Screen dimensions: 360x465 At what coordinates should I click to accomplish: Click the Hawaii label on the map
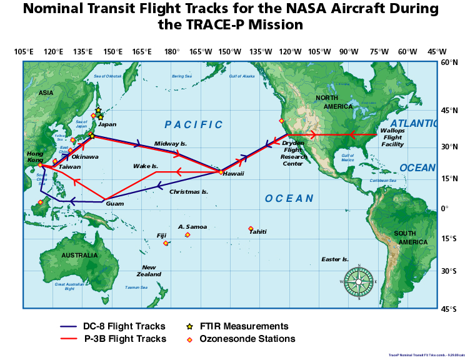tap(233, 174)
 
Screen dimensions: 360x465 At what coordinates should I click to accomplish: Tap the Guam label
tap(115, 204)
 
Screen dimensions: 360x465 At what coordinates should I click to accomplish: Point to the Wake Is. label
tap(146, 166)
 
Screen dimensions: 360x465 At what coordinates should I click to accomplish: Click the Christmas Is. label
tap(189, 192)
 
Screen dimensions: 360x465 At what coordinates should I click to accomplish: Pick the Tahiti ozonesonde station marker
tap(251, 229)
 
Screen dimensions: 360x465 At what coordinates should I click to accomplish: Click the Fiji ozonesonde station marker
tap(166, 243)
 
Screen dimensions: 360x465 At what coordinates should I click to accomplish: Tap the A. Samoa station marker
tap(187, 235)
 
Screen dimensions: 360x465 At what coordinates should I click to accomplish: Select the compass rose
tap(359, 281)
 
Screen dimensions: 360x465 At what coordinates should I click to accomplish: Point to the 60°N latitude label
tap(450, 62)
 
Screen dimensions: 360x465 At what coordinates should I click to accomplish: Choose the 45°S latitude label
tap(450, 309)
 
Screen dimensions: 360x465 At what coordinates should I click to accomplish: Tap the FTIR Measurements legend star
tap(189, 326)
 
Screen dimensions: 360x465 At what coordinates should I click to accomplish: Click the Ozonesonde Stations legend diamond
tap(189, 339)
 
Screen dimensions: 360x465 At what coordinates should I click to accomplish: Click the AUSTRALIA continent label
tap(79, 255)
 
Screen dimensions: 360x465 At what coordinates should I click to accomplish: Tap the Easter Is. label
tap(335, 259)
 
